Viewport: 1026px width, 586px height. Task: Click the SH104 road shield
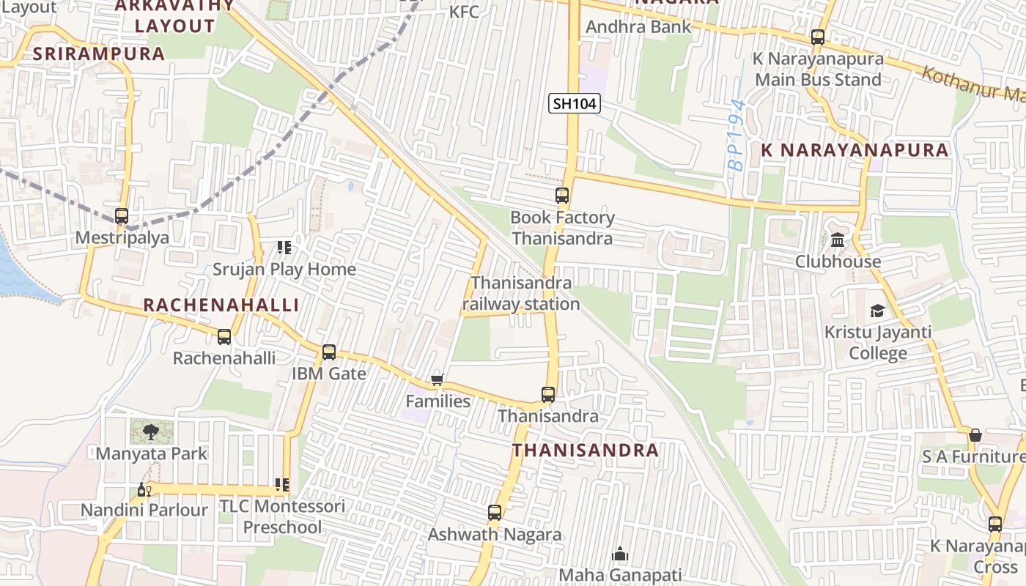(575, 103)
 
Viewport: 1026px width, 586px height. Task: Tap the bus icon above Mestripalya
(122, 215)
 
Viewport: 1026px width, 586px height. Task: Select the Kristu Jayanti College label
(878, 343)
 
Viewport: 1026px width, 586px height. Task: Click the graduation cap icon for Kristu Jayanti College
(877, 311)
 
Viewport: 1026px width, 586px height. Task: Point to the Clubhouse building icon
(838, 240)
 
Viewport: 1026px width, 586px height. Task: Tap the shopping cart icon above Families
(438, 379)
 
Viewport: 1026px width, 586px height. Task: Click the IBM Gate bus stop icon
(329, 352)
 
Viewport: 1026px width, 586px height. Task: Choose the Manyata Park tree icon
(150, 431)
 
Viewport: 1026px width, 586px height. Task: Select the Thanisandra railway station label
(521, 293)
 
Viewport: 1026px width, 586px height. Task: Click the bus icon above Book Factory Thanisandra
(562, 196)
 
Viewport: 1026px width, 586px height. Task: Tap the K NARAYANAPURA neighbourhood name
(855, 150)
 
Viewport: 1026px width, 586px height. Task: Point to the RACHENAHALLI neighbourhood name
(221, 305)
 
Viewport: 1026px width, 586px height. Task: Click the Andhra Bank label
(638, 27)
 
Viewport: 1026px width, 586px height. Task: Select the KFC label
(463, 12)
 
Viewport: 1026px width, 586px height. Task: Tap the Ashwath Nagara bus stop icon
(495, 513)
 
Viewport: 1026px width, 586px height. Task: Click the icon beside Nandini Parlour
(144, 489)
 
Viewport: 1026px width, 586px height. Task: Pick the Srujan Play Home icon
(284, 248)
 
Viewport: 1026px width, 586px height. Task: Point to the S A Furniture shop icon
(975, 435)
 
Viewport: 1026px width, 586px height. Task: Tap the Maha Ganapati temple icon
(620, 553)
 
